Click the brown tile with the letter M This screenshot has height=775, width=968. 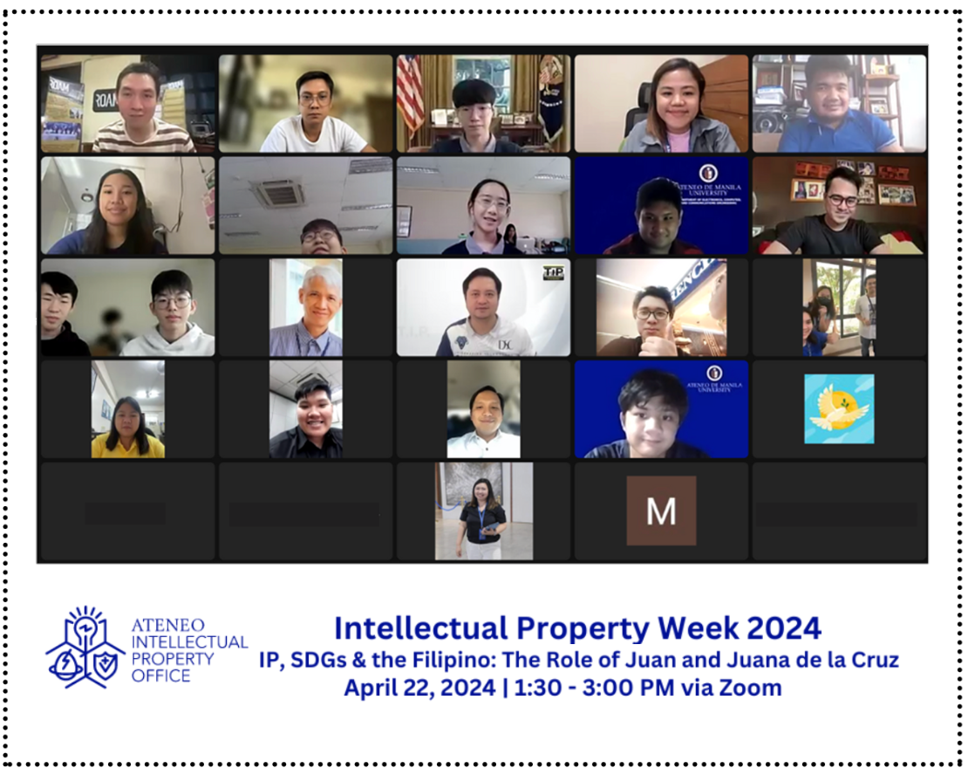click(661, 511)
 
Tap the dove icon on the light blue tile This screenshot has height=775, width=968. click(839, 409)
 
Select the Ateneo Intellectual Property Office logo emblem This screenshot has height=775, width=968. click(85, 646)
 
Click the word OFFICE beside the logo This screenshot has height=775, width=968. click(160, 676)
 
